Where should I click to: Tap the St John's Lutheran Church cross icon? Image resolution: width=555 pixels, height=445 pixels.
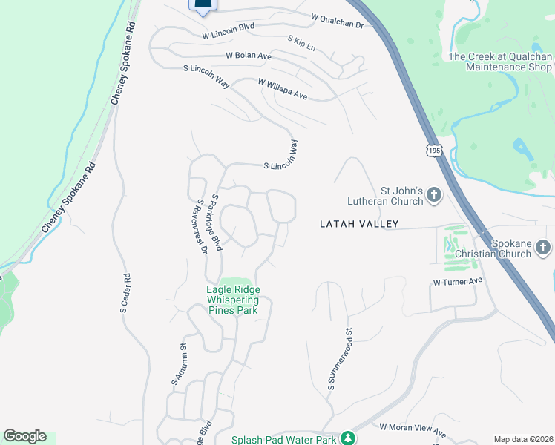[434, 196]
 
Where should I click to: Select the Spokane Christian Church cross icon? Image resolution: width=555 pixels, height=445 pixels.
[543, 247]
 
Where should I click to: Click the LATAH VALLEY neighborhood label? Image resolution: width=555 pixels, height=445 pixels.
[359, 223]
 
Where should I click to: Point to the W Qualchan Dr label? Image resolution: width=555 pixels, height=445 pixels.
[338, 19]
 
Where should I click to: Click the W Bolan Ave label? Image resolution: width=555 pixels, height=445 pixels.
[249, 56]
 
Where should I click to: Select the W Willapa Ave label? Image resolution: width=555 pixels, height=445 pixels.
[282, 90]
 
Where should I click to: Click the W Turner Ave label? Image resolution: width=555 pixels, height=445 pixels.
[458, 282]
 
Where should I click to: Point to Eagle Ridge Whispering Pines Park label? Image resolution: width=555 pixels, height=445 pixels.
[233, 300]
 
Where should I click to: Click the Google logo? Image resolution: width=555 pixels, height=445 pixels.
[24, 436]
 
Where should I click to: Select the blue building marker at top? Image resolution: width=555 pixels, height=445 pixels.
[203, 5]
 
